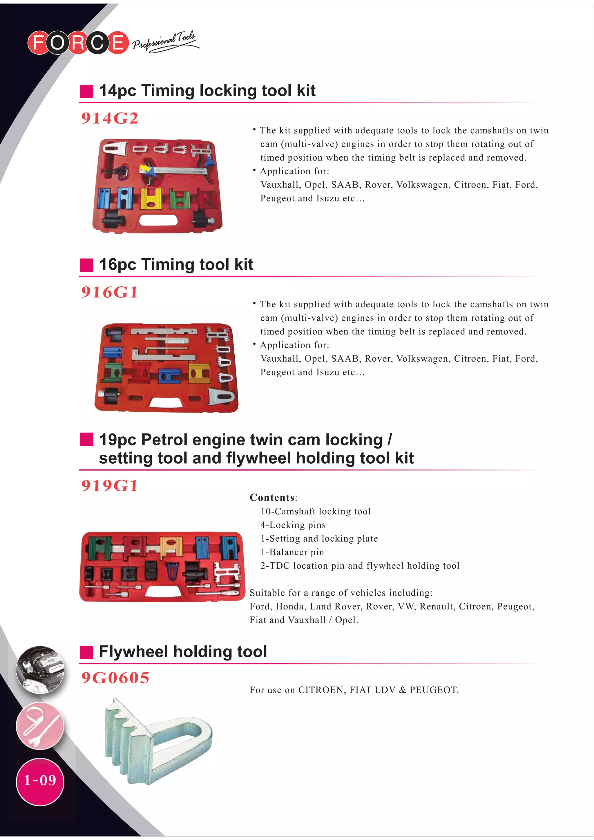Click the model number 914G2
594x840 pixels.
tap(109, 118)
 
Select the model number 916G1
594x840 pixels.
tap(109, 292)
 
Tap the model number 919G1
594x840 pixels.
tap(109, 485)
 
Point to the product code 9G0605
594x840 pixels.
tap(115, 678)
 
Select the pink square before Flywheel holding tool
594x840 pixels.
tap(87, 652)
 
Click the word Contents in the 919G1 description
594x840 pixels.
tap(272, 498)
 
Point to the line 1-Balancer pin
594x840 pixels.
tap(292, 552)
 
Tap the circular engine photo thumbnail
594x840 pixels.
tap(40, 670)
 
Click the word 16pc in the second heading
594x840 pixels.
tap(117, 264)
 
